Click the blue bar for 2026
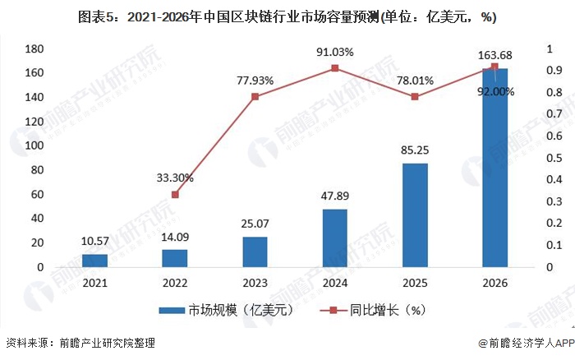[x=494, y=168]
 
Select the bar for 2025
[x=415, y=215]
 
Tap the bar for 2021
[x=95, y=261]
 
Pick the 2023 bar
[x=255, y=252]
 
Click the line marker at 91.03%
[x=335, y=68]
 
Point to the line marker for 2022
[x=175, y=195]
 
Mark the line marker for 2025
[x=415, y=97]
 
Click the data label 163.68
[x=494, y=55]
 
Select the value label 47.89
[x=335, y=197]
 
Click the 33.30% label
[x=175, y=178]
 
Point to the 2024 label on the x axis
[x=335, y=284]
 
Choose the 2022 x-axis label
[x=175, y=284]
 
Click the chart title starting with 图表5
[x=287, y=16]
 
